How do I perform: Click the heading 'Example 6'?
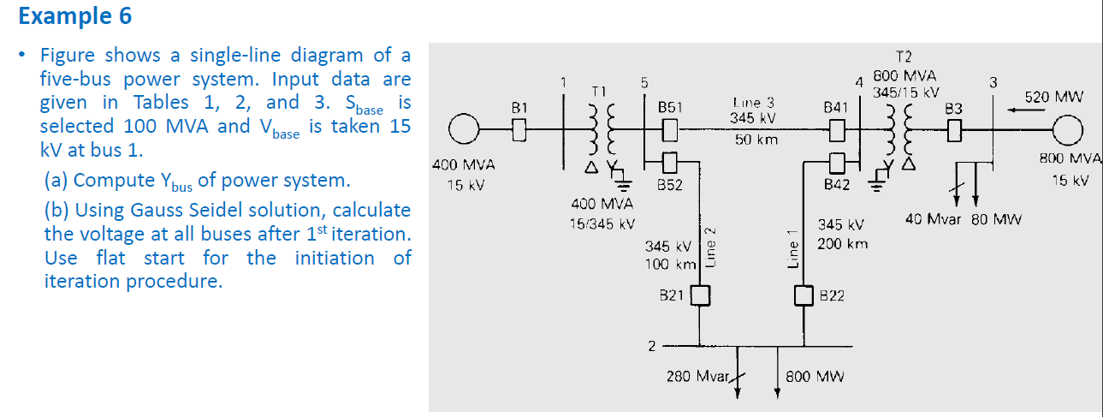pos(74,15)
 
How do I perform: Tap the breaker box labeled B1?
pos(518,131)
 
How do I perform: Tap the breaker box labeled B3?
pos(955,131)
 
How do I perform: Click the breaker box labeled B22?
pos(803,295)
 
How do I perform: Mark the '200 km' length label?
pos(842,244)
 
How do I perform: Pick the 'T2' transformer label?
pos(904,61)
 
